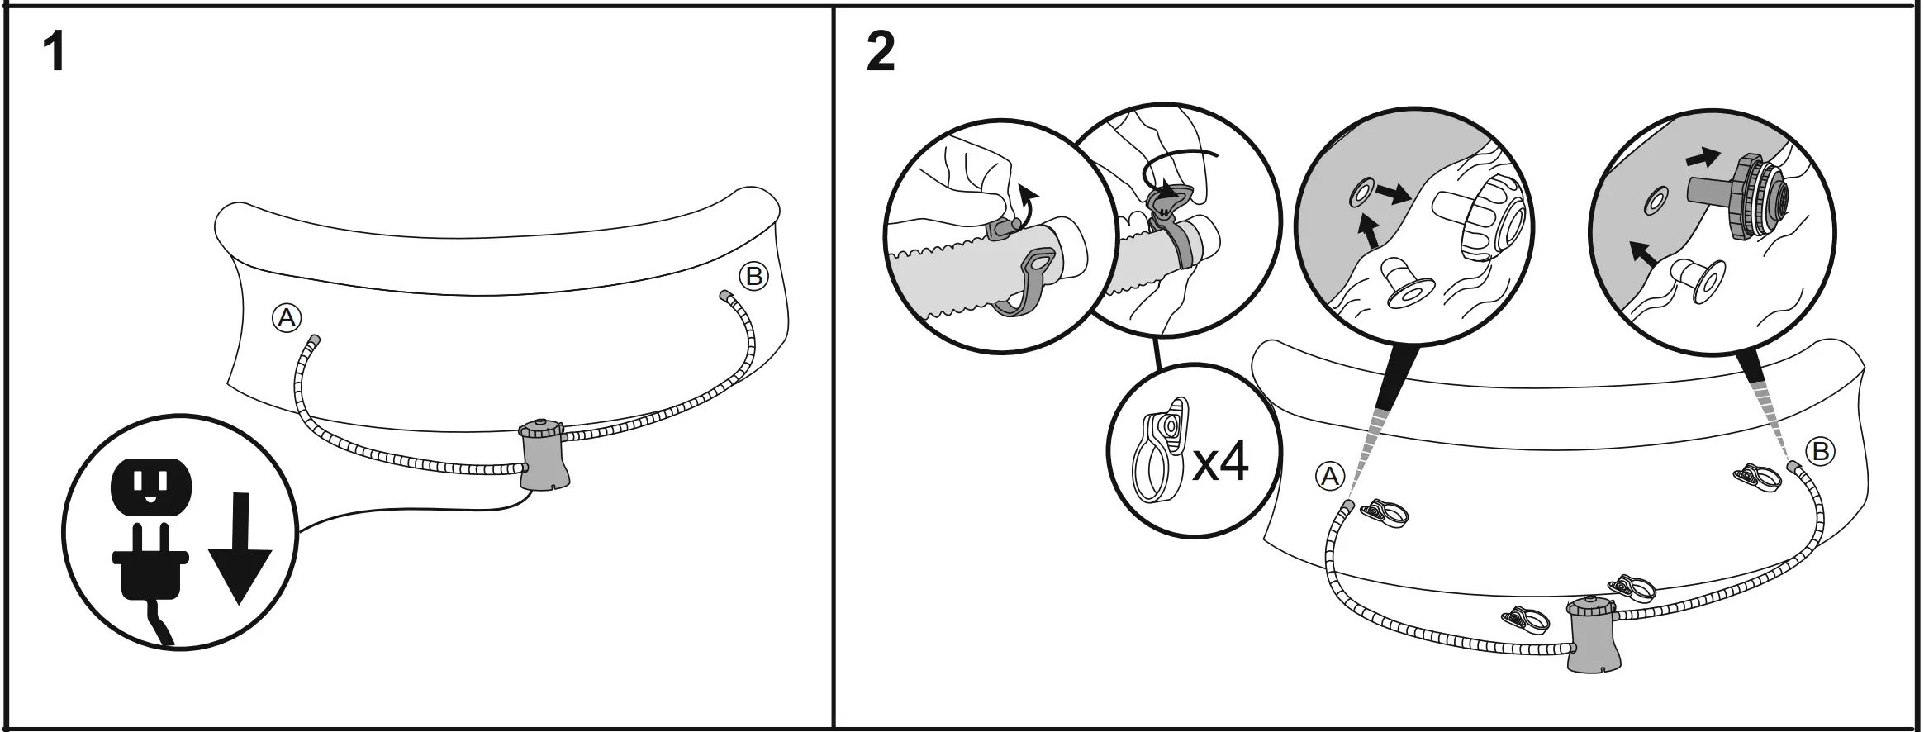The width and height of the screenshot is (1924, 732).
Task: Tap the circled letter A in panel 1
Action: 287,318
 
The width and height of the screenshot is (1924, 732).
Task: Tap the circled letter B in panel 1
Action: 753,276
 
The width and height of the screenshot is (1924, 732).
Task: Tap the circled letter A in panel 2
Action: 1330,477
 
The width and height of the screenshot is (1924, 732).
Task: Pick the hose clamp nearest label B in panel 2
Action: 1757,478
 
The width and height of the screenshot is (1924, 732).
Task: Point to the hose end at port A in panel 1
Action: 315,342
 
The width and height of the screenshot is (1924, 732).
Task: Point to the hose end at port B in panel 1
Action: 724,295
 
